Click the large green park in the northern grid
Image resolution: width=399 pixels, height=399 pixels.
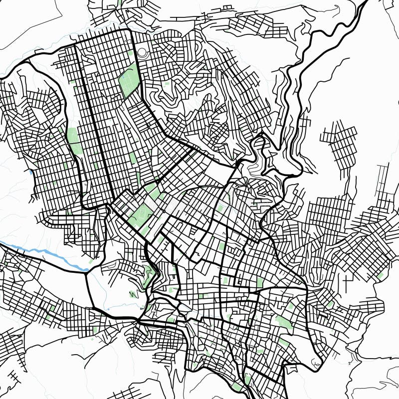[x=129, y=80]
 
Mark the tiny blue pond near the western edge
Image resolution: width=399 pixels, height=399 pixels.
[x=31, y=172]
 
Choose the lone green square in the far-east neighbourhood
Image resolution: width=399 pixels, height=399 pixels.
[x=380, y=275]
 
